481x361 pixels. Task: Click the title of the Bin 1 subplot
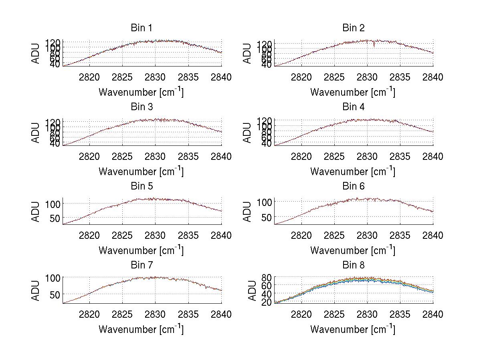click(x=141, y=28)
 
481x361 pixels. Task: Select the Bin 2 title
click(x=353, y=28)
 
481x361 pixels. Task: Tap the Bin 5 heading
click(x=141, y=186)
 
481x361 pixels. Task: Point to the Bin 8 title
click(x=353, y=265)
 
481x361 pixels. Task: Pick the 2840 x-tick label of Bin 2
click(x=433, y=77)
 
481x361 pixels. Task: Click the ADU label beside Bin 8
click(x=252, y=290)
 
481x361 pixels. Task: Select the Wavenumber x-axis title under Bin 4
click(x=353, y=171)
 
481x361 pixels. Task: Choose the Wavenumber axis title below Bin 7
click(x=141, y=329)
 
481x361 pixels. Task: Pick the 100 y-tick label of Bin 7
click(x=53, y=277)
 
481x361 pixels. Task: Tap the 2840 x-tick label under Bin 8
click(x=433, y=315)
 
